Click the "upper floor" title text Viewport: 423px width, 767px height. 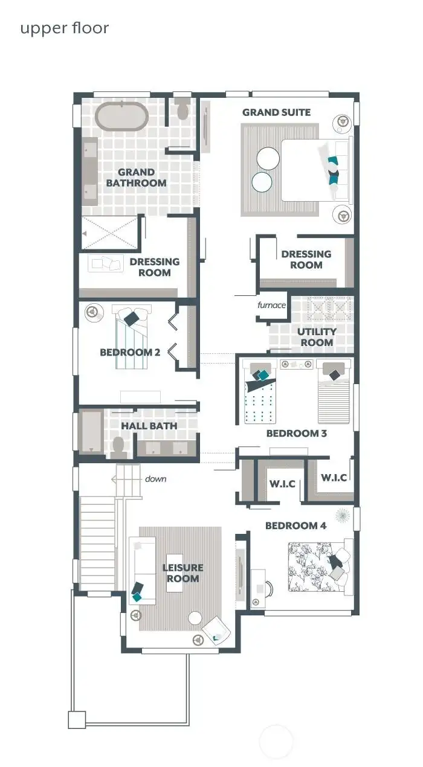point(65,28)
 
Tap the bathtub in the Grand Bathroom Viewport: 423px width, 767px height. point(121,117)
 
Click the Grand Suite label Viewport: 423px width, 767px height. point(276,112)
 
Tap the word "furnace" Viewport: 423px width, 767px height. point(271,305)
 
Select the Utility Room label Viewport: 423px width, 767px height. point(316,337)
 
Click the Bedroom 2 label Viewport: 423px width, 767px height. point(130,352)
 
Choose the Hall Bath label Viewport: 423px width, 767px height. point(149,426)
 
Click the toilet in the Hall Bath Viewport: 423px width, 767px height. point(118,445)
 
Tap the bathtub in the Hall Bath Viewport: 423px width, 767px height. point(92,431)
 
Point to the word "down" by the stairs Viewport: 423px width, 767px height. point(155,479)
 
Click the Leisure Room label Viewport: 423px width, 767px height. point(182,573)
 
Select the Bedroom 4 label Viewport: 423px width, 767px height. point(295,525)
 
